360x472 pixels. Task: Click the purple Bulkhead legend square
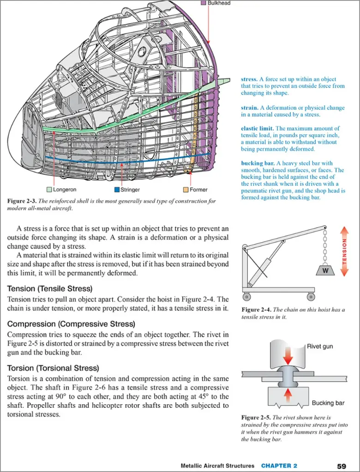pyautogui.click(x=203, y=3)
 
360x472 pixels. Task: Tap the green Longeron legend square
pyautogui.click(x=49, y=190)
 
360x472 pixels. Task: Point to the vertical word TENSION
pyautogui.click(x=344, y=251)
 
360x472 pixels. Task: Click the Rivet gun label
pyautogui.click(x=320, y=346)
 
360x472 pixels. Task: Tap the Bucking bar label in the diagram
pyautogui.click(x=328, y=403)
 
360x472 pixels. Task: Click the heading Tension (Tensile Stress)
pyautogui.click(x=50, y=289)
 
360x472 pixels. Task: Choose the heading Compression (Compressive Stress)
pyautogui.click(x=71, y=323)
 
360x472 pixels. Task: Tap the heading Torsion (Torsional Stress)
pyautogui.click(x=53, y=368)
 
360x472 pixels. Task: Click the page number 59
pyautogui.click(x=342, y=466)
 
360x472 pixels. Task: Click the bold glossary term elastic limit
pyautogui.click(x=257, y=128)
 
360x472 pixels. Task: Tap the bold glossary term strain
pyautogui.click(x=249, y=108)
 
